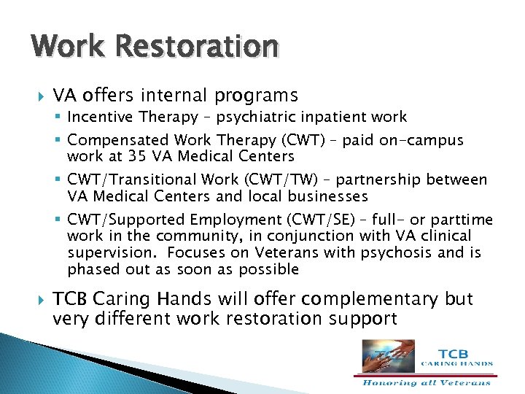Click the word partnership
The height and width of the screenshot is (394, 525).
[x=370, y=180]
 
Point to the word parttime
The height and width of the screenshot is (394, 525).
[x=464, y=220]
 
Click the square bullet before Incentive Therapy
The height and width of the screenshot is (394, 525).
[x=60, y=117]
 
